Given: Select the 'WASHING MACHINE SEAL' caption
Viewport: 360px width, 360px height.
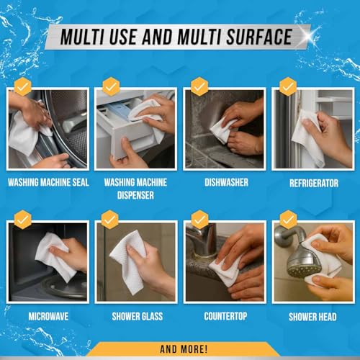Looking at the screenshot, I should coord(48,183).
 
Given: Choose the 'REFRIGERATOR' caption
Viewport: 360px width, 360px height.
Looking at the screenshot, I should coord(313,183).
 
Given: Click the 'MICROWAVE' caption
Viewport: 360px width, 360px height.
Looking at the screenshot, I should coord(48,316).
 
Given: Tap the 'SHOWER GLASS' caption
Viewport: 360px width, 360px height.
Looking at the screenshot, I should coord(137,316).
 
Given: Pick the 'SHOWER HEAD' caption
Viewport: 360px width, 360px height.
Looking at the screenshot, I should coord(313,316).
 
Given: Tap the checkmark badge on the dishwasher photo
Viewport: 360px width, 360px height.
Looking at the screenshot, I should coord(199,86).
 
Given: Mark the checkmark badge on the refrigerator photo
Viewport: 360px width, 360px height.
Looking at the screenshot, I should coord(288,86).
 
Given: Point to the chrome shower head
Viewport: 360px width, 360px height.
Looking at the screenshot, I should coord(301,259).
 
